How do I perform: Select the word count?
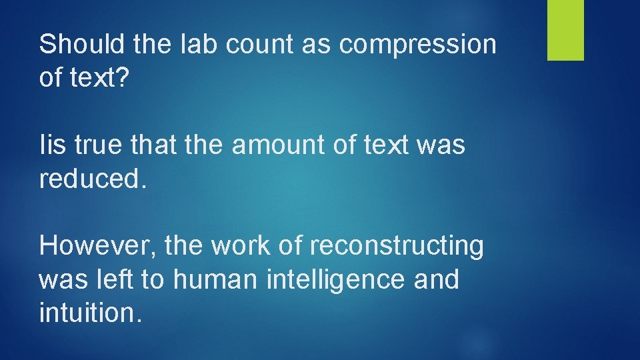click(249, 45)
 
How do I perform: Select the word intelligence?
click(335, 281)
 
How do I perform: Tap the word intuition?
click(90, 313)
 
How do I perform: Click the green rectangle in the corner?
click(565, 30)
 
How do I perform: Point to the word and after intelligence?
click(437, 279)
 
